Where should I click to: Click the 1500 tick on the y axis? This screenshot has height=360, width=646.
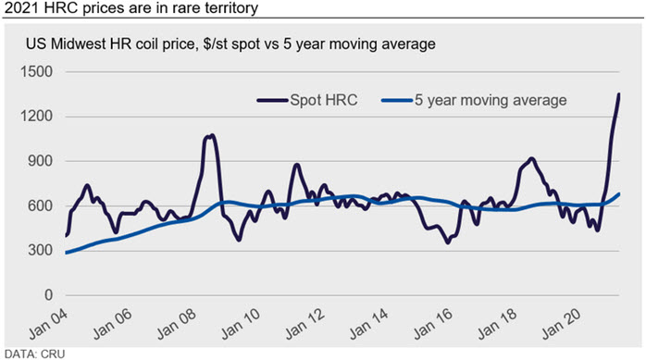tap(37, 71)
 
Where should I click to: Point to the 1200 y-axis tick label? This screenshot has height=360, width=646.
tap(37, 117)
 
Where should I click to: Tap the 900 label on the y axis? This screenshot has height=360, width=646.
tap(41, 161)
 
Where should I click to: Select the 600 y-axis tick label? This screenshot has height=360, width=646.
tap(41, 205)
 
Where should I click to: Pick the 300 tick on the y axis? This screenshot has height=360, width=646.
tap(41, 250)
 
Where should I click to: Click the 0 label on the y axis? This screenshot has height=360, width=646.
tap(49, 295)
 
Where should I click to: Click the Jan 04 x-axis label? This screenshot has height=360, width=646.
tap(49, 325)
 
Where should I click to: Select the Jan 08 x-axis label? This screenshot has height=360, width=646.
tap(177, 325)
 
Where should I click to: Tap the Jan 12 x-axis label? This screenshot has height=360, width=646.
tap(305, 325)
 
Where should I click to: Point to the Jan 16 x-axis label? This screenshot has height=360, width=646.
tap(433, 325)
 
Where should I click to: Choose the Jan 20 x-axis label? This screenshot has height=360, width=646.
tap(562, 325)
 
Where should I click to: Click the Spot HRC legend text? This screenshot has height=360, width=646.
tap(323, 100)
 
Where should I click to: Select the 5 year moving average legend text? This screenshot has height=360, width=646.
tap(491, 101)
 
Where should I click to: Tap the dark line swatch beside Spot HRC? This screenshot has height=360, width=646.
tap(272, 100)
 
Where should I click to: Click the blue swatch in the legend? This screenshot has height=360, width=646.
tap(397, 100)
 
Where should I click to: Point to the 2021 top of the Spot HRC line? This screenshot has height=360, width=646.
tap(619, 94)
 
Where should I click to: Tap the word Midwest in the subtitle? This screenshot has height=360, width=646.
tap(78, 43)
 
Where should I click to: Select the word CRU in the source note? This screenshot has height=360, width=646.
tap(53, 354)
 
